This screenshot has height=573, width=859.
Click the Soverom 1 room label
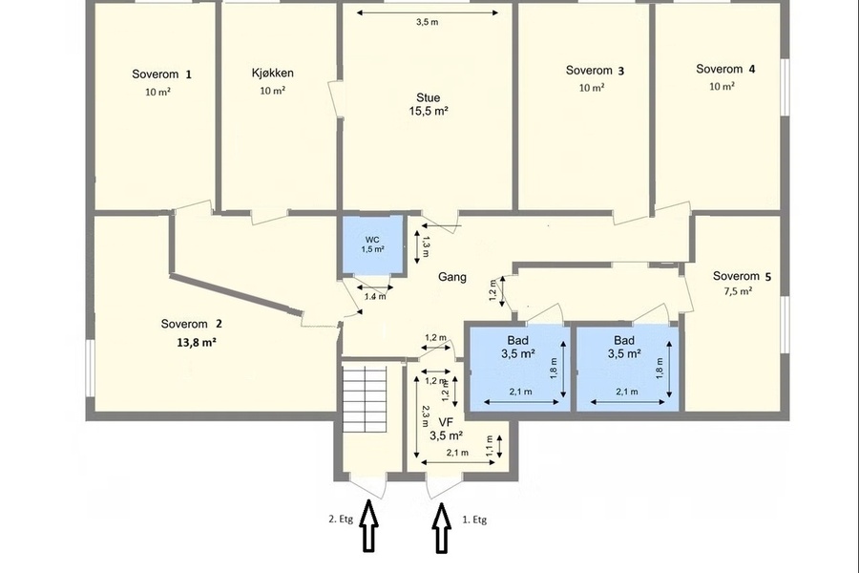click(161, 74)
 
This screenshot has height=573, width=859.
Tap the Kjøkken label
click(273, 73)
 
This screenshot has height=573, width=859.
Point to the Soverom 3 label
click(595, 70)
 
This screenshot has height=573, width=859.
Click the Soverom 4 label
click(725, 69)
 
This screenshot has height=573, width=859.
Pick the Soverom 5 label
click(742, 276)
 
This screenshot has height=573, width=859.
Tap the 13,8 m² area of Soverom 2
click(196, 343)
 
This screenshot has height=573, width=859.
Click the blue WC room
click(372, 244)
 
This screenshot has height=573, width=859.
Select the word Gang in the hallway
click(452, 277)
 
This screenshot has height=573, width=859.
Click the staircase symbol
click(365, 399)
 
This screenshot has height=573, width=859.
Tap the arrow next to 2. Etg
click(369, 526)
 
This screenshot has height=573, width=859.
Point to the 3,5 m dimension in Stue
click(428, 23)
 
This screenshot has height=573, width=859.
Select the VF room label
click(447, 422)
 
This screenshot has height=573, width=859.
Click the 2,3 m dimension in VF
click(426, 416)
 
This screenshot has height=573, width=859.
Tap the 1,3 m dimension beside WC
click(426, 246)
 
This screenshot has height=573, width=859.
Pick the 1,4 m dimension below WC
click(375, 297)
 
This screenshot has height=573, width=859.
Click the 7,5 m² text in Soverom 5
click(738, 291)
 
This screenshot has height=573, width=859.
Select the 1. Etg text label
click(474, 520)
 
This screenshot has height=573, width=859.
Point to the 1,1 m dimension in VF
click(490, 446)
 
